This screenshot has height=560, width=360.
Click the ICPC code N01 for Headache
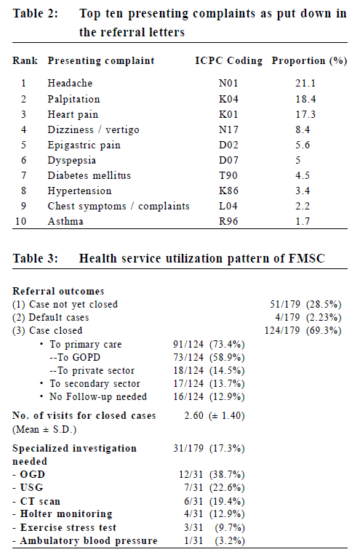[228, 83]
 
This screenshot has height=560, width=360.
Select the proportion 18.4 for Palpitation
[305, 99]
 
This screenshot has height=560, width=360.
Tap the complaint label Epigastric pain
[84, 145]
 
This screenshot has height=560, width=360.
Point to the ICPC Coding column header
[228, 60]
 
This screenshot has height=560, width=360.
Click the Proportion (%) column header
[309, 60]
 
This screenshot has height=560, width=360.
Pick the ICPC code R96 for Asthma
[228, 221]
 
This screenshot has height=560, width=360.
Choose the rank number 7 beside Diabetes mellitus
[23, 175]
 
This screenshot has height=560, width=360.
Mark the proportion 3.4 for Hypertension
[303, 191]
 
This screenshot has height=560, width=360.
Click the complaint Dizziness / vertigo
[94, 129]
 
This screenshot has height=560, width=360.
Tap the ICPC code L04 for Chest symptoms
[228, 206]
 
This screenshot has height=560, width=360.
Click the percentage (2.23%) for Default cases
[324, 318]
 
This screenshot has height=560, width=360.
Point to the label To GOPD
[75, 358]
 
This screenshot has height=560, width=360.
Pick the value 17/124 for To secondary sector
[188, 383]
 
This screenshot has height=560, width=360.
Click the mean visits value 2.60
[194, 416]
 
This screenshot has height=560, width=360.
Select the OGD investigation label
[29, 475]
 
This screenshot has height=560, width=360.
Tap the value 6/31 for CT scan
[193, 501]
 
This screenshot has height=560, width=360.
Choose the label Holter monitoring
[63, 514]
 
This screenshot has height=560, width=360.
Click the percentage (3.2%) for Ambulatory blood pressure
[230, 540]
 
